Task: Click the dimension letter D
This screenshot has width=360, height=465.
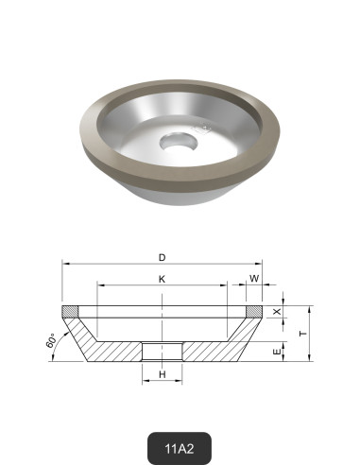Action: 163,257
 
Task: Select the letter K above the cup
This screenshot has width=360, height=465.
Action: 163,279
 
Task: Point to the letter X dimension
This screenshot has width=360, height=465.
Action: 277,312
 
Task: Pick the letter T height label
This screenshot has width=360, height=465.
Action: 301,334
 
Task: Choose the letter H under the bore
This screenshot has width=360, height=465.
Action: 163,375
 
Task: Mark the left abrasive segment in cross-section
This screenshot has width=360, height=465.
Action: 68,312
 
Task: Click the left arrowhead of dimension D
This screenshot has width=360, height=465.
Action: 65,266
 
